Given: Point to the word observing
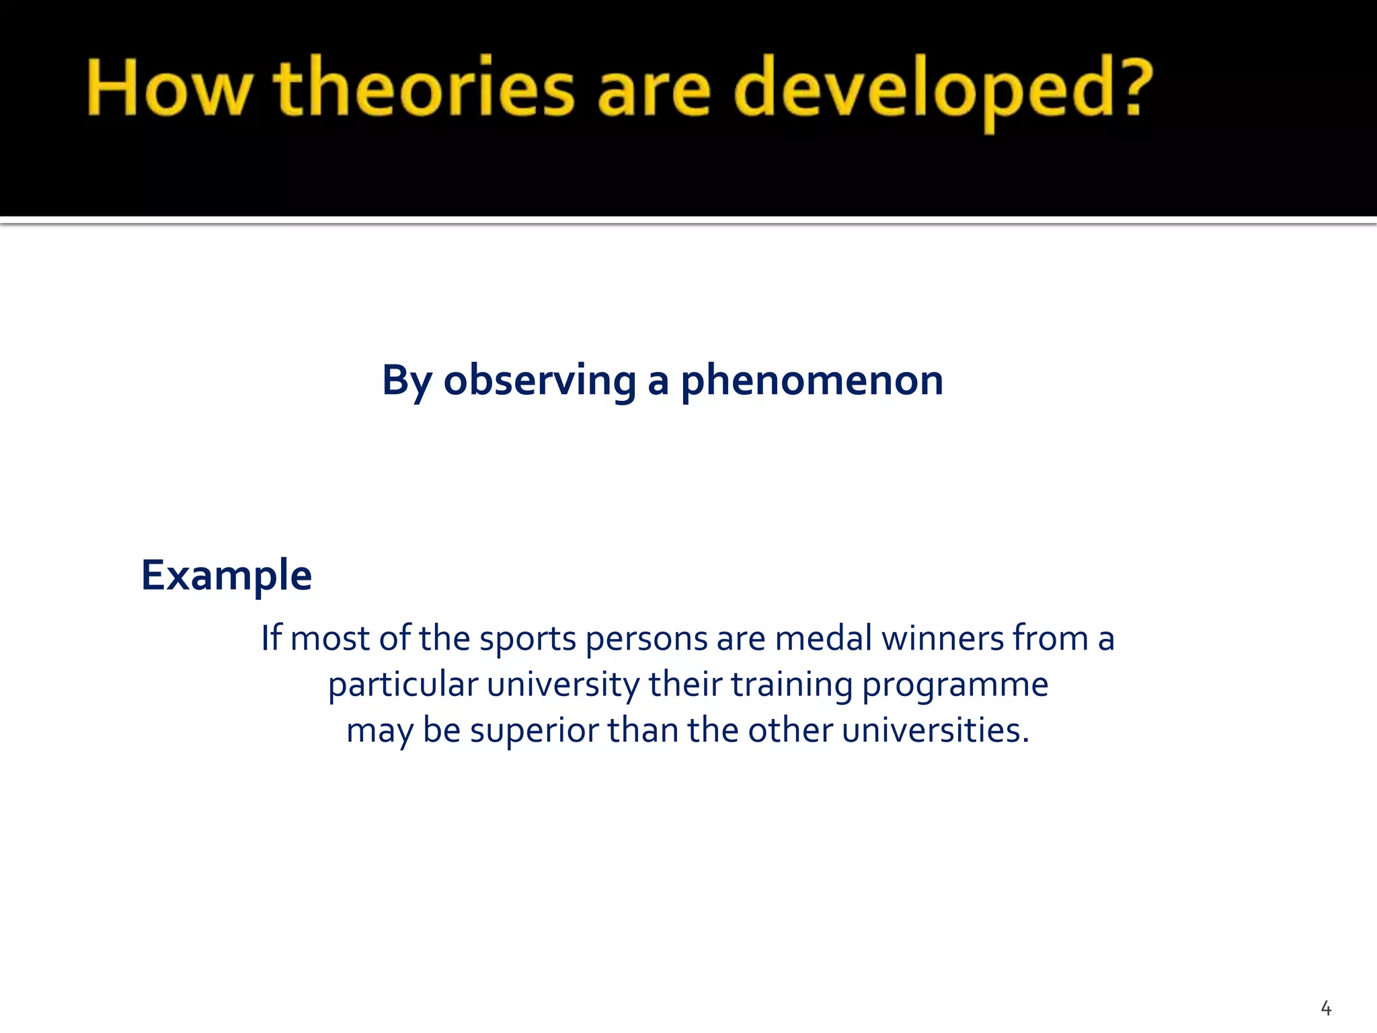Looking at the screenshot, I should point(539,381).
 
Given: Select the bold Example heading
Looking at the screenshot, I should point(227,576).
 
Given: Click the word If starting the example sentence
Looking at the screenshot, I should point(272,638).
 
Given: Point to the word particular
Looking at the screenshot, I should point(403,685).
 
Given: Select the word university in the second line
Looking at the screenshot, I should point(563,685).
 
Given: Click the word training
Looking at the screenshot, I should point(791,685).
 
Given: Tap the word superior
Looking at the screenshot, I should point(534,731).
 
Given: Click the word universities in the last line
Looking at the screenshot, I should point(935,730).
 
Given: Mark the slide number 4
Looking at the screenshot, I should point(1326,1008).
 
